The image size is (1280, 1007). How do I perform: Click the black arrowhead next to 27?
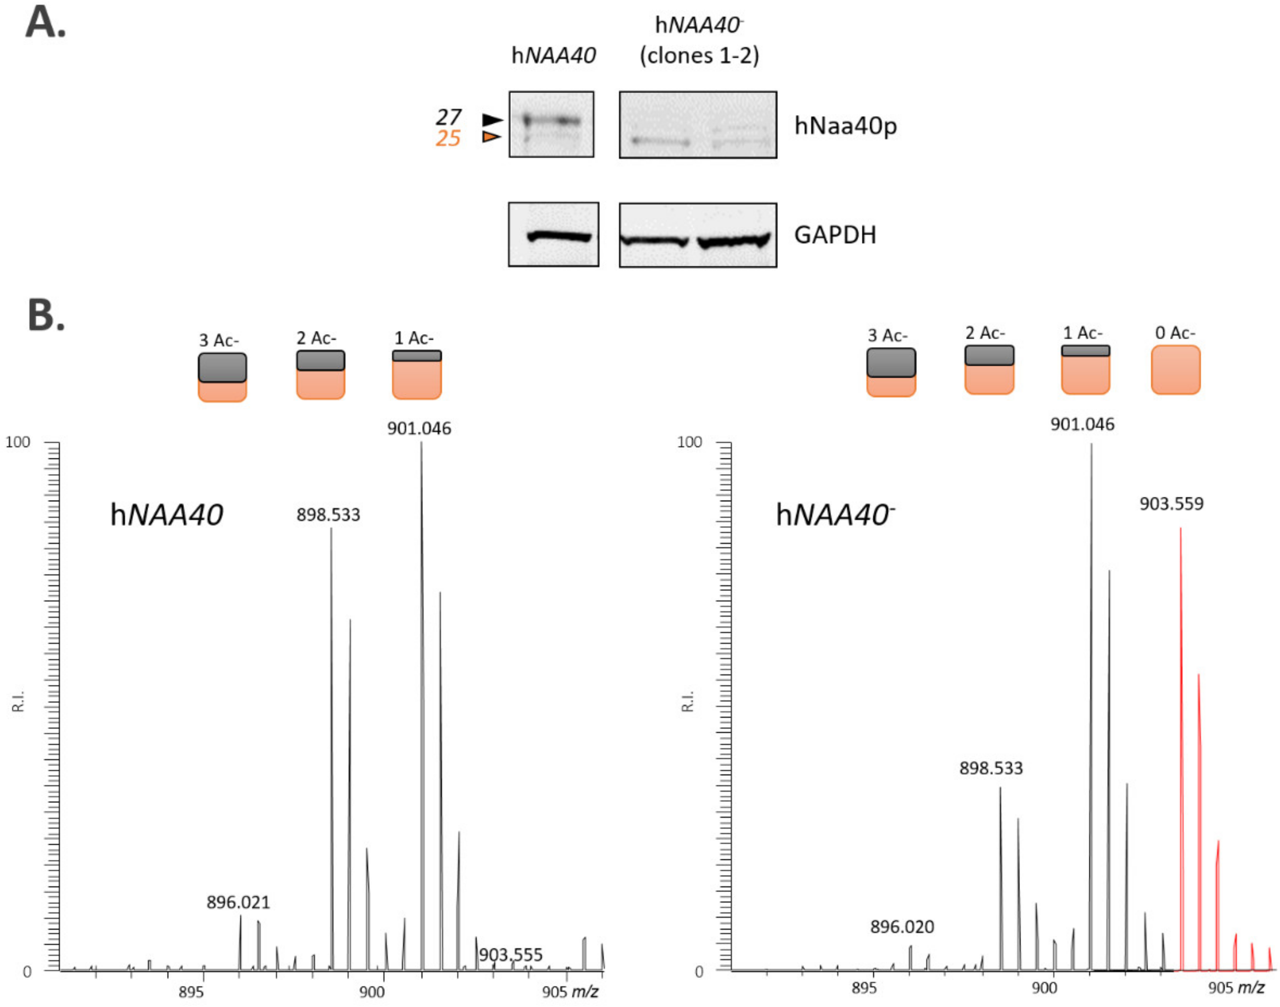coord(492,120)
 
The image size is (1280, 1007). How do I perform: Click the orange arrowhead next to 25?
coord(491,137)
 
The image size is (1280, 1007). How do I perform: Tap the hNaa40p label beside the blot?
coord(845,126)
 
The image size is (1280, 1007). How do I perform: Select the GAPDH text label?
coord(834,235)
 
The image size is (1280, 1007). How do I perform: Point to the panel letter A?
coord(45,23)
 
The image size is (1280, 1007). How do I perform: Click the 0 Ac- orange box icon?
coord(1175,369)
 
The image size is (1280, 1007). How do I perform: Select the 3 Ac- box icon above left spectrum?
coord(222,377)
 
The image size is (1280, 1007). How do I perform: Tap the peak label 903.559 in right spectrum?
coord(1171,504)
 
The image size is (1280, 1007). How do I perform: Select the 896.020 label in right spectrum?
coord(902,927)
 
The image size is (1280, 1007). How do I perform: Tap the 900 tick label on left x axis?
coord(372,991)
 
